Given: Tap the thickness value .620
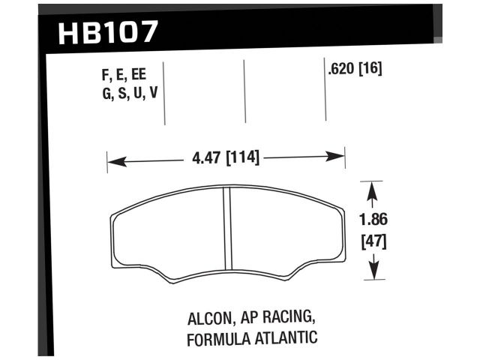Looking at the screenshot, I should click(x=342, y=70).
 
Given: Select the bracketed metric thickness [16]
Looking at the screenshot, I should click(x=372, y=70).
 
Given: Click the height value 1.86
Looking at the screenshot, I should click(x=373, y=221).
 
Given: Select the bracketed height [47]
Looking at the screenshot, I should click(x=373, y=241).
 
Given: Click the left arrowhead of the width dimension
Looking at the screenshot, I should click(x=112, y=159).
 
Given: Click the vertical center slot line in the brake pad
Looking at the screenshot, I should click(x=226, y=233).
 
